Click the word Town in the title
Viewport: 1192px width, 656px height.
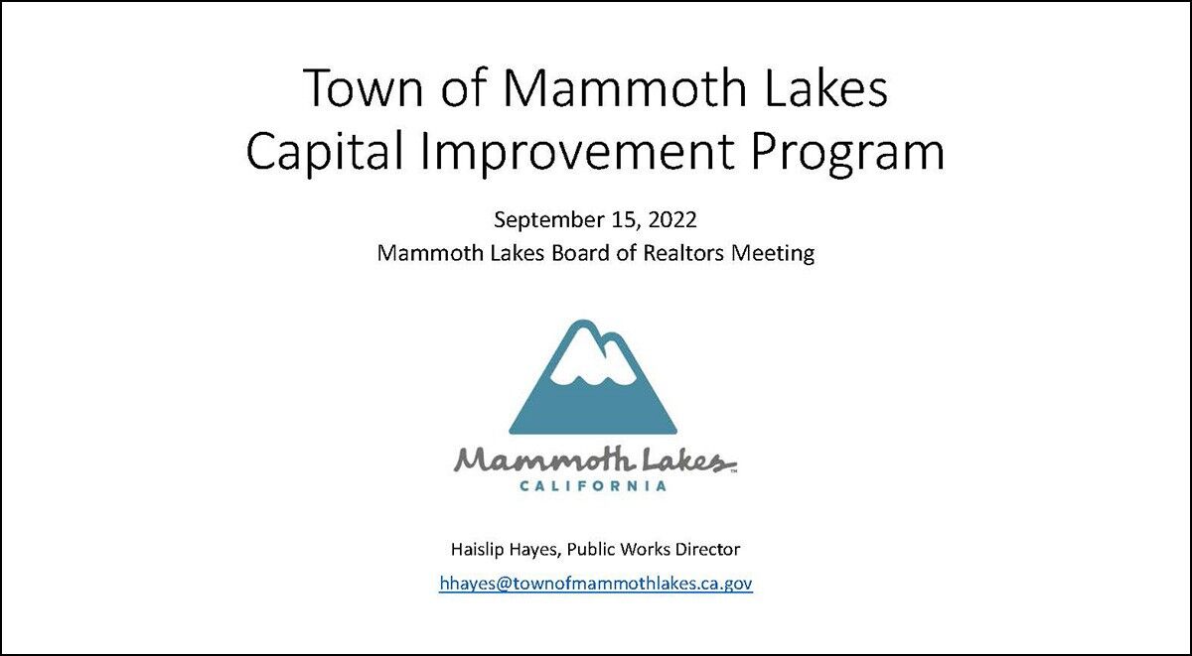click(x=364, y=87)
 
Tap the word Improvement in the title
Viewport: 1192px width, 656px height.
click(x=577, y=152)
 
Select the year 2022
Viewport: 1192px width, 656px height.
click(x=672, y=219)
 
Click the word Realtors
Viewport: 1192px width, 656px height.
click(x=683, y=253)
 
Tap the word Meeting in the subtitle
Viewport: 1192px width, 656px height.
click(x=773, y=254)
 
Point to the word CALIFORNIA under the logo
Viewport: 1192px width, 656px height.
click(x=593, y=486)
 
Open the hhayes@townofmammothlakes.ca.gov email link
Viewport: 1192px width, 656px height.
click(x=596, y=584)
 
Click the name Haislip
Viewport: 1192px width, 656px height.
click(x=477, y=549)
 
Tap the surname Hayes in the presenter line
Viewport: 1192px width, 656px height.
click(x=534, y=550)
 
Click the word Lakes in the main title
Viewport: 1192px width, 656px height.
click(x=825, y=87)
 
